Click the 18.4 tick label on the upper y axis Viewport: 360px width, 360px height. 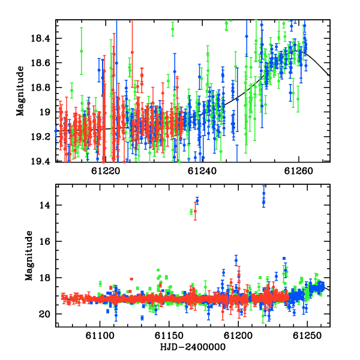click(40, 38)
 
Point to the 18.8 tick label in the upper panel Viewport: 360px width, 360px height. click(40, 88)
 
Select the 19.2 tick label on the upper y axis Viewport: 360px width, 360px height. click(40, 137)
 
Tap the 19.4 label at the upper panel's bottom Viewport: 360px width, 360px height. click(40, 161)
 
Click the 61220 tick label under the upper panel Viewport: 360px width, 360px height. click(106, 171)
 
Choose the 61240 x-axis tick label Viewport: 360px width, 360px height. click(202, 171)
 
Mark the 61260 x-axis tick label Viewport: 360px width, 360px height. click(298, 171)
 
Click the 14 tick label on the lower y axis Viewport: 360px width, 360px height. click(45, 205)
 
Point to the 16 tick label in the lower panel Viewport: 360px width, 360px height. click(45, 242)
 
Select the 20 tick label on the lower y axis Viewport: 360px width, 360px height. click(44, 314)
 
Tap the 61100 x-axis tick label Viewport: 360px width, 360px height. click(100, 335)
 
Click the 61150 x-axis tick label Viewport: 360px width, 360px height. click(169, 335)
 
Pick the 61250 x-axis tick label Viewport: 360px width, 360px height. click(307, 335)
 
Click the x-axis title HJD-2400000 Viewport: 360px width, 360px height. click(193, 347)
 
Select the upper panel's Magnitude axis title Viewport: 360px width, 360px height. click(20, 91)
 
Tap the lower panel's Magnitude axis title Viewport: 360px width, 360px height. click(29, 256)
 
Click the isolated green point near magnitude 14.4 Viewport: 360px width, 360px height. click(191, 212)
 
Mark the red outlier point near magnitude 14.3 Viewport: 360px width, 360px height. click(195, 211)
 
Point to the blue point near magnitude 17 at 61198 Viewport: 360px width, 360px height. click(236, 260)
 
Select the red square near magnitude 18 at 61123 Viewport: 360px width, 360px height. click(131, 279)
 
